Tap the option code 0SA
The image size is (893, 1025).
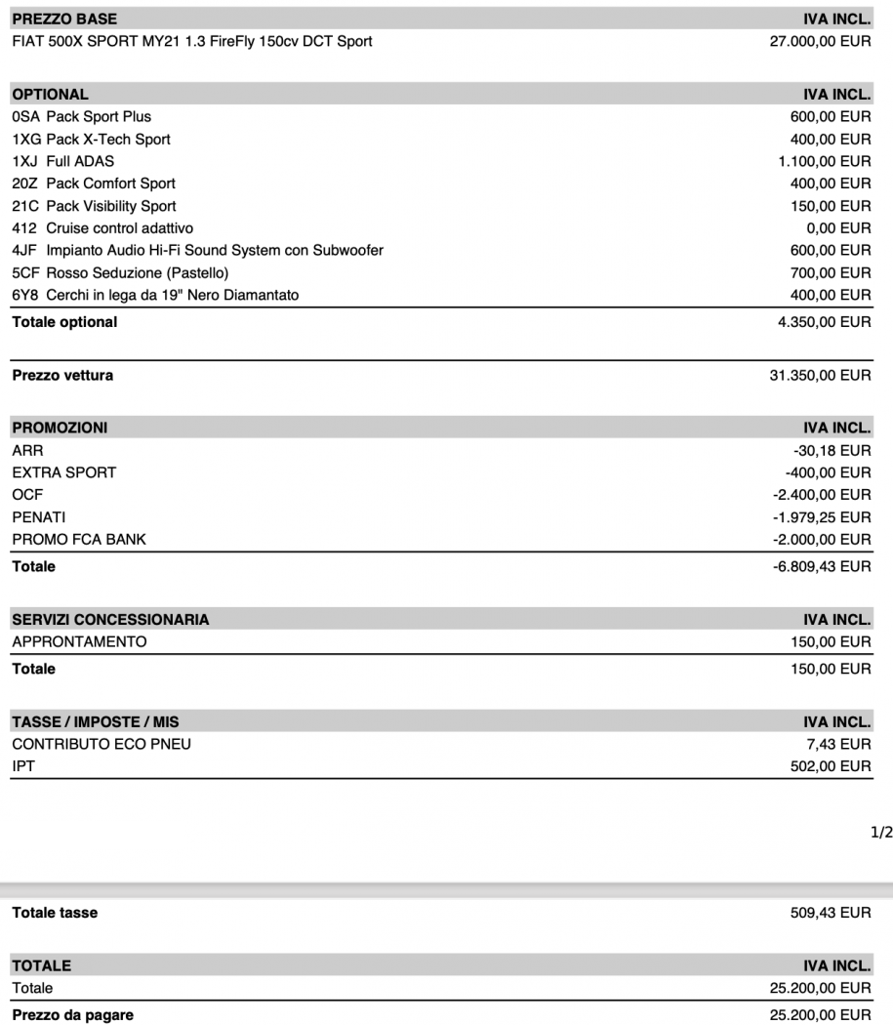pos(24,117)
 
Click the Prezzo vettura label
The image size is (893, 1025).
pos(61,376)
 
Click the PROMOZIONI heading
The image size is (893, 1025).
pos(60,427)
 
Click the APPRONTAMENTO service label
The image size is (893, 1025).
pos(79,641)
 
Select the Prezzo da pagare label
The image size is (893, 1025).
pos(72,1015)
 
